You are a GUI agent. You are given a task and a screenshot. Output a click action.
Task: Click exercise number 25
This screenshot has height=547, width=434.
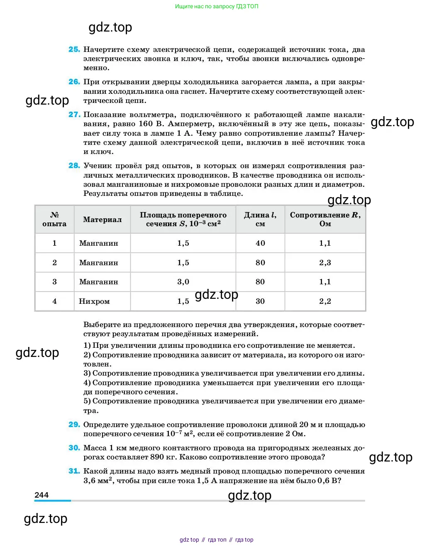74,49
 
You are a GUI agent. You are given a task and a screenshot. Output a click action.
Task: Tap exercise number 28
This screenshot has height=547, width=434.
74,166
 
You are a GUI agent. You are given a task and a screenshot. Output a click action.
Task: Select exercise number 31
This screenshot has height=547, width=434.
74,471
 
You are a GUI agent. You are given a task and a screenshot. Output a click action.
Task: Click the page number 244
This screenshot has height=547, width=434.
41,495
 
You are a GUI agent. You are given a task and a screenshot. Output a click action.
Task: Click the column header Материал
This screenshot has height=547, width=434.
102,219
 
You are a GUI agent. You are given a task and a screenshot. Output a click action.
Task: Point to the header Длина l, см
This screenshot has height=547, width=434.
260,219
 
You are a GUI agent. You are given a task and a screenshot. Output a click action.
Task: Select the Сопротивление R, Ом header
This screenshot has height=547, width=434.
325,219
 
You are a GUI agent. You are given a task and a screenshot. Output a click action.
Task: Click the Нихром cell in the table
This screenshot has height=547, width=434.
94,301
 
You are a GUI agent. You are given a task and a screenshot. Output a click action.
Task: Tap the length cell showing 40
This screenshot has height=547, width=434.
260,243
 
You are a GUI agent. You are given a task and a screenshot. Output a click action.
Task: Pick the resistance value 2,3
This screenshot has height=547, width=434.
325,263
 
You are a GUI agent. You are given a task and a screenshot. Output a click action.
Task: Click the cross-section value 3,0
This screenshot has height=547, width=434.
183,282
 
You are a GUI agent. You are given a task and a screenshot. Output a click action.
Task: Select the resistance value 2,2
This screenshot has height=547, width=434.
325,301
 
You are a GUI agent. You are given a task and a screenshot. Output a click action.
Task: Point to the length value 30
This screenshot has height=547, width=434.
260,301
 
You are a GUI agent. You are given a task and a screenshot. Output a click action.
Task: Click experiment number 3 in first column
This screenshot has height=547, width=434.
54,282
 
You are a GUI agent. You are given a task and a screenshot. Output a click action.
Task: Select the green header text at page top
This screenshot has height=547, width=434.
217,6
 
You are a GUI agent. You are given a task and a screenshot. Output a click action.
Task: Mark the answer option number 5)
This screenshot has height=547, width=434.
87,401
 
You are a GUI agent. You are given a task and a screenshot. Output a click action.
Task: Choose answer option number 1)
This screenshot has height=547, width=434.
87,345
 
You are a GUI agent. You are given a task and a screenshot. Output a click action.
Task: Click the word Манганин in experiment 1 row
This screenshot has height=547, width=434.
98,243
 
